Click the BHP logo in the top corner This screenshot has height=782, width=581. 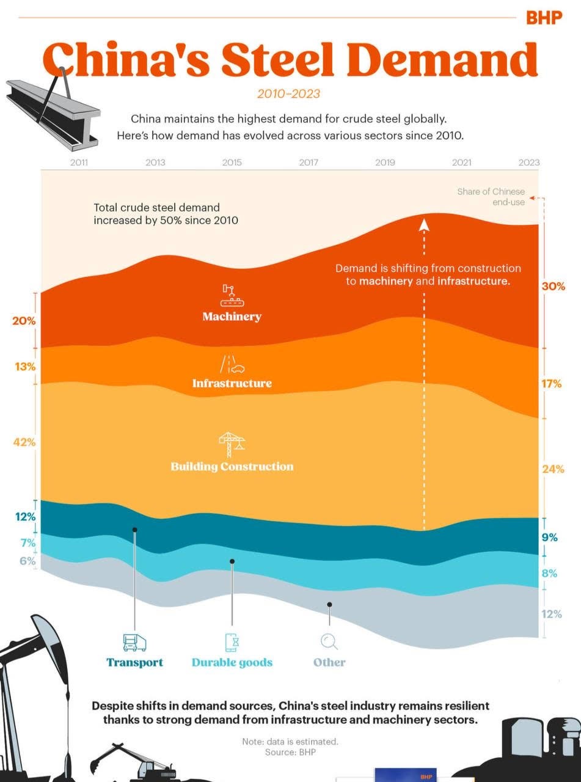click(x=543, y=18)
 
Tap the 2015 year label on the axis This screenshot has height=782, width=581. click(x=232, y=163)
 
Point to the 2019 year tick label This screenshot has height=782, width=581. click(x=385, y=163)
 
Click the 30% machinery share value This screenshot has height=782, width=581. click(x=553, y=286)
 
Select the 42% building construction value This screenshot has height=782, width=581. click(x=25, y=442)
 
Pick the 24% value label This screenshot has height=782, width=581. click(x=552, y=469)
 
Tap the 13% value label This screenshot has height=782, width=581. click(x=25, y=367)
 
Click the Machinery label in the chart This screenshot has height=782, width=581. click(x=232, y=316)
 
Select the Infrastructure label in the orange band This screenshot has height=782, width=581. click(x=232, y=383)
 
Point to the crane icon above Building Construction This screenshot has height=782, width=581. click(x=231, y=444)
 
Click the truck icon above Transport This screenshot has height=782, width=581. click(x=134, y=642)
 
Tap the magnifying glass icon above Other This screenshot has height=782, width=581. click(x=329, y=641)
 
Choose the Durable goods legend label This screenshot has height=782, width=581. click(x=232, y=662)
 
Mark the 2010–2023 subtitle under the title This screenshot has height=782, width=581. click(x=288, y=93)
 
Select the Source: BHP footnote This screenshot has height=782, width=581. click(x=290, y=752)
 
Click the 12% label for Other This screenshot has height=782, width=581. click(x=551, y=614)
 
